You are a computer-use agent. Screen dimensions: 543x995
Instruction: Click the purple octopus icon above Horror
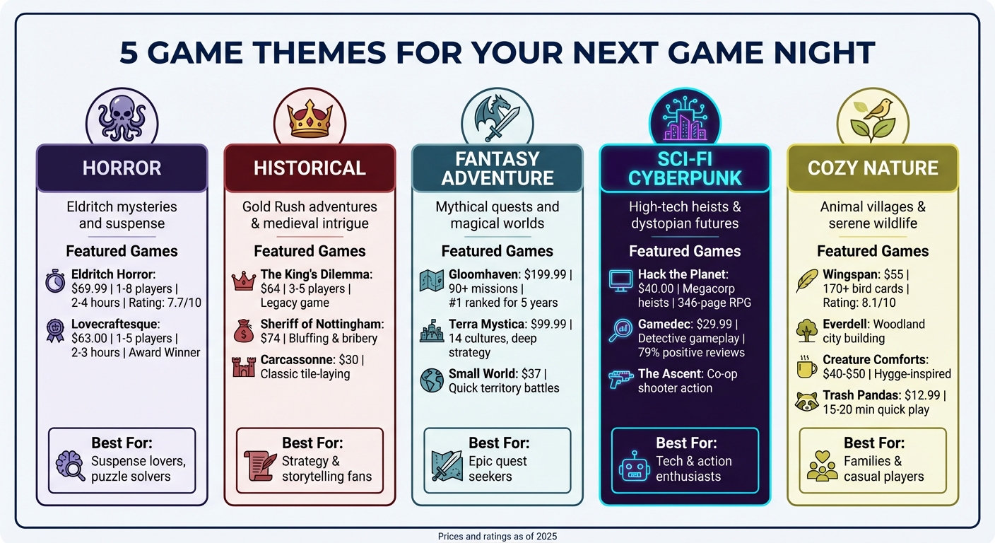[122, 117]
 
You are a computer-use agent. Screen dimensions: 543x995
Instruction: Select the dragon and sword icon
[497, 119]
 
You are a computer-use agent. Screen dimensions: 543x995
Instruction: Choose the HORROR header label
[122, 168]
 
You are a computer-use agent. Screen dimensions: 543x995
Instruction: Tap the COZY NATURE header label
[873, 168]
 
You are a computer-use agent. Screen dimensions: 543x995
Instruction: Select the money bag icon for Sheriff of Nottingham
[243, 330]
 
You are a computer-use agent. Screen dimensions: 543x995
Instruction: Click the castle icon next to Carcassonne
[243, 366]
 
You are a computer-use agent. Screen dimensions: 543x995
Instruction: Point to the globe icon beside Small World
[431, 380]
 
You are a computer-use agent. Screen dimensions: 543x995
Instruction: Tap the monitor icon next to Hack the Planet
[620, 281]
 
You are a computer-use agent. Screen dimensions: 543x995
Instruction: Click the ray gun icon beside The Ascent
[620, 380]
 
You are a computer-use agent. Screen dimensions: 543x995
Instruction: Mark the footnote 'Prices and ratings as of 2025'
[497, 537]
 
